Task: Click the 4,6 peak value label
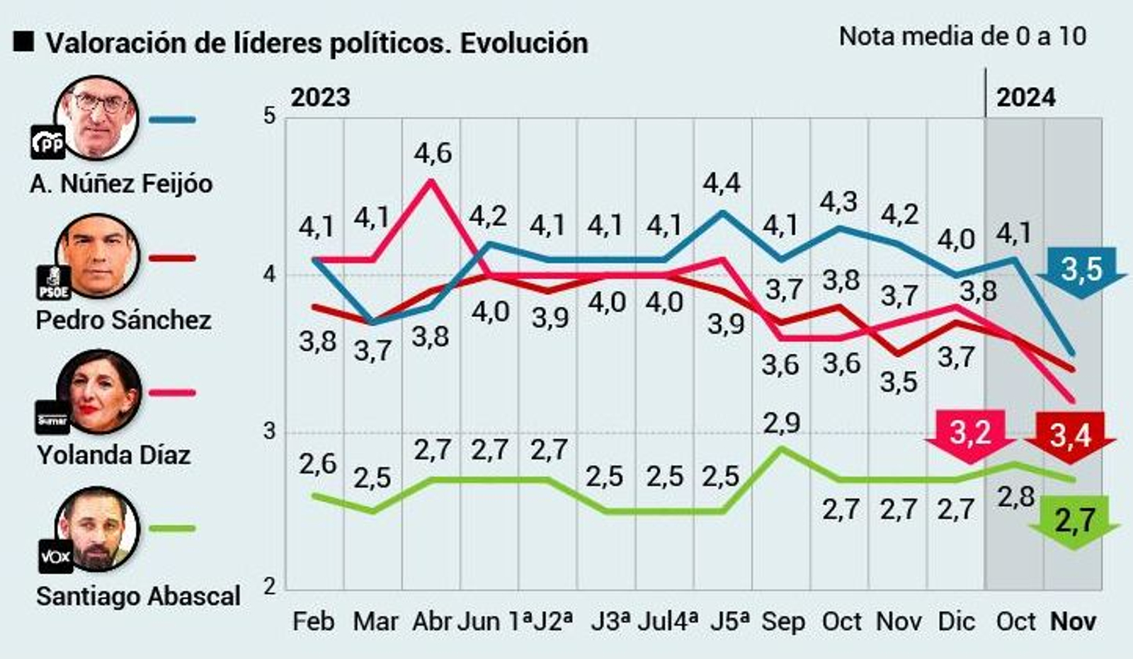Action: [x=433, y=153]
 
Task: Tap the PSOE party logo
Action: [x=53, y=282]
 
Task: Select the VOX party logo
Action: [x=55, y=556]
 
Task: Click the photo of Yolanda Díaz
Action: [x=99, y=391]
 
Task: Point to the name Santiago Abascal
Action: [x=138, y=596]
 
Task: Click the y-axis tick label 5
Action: [x=269, y=116]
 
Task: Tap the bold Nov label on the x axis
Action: [x=1073, y=621]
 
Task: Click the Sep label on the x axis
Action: [x=783, y=621]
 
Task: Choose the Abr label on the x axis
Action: [x=431, y=621]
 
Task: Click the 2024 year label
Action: [x=1026, y=97]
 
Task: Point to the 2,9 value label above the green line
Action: [x=782, y=423]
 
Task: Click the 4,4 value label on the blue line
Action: [x=722, y=183]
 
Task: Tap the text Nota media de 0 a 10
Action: [x=962, y=36]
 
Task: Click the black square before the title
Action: [x=23, y=42]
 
